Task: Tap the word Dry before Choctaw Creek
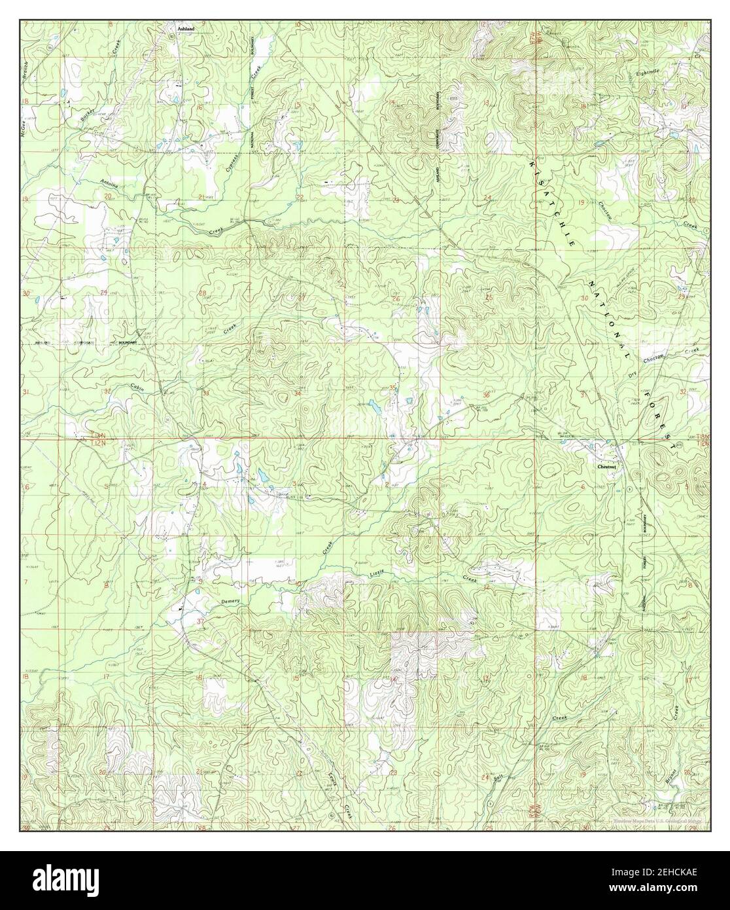pyautogui.click(x=631, y=373)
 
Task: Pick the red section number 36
pyautogui.click(x=485, y=395)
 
